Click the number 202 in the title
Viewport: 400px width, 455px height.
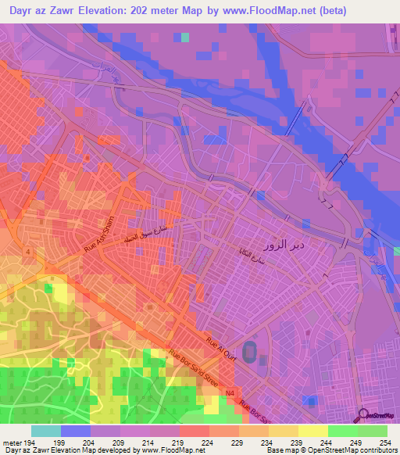click(144, 11)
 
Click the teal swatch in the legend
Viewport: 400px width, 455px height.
click(45, 431)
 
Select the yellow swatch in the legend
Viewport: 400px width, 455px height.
click(312, 431)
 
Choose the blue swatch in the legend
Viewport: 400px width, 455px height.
click(75, 431)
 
